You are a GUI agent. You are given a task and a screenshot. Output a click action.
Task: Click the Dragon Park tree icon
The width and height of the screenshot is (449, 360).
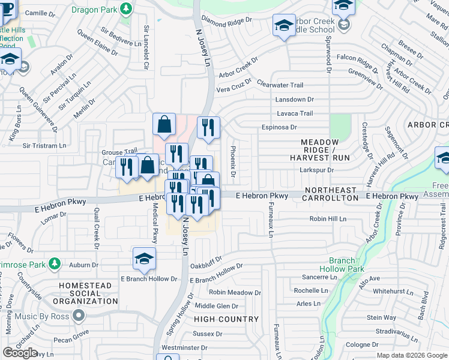click(125, 8)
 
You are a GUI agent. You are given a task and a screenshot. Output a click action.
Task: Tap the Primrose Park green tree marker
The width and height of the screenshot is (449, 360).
click(55, 263)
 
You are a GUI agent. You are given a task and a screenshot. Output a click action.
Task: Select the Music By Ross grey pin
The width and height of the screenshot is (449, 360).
click(79, 316)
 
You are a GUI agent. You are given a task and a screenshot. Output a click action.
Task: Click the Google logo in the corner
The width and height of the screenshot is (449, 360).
click(20, 353)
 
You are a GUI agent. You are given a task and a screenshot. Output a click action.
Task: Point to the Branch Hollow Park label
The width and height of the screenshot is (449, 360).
click(346, 265)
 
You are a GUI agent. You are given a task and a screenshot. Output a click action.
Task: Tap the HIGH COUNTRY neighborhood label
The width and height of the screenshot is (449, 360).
click(226, 319)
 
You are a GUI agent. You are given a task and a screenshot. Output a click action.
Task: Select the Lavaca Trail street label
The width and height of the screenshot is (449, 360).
click(294, 113)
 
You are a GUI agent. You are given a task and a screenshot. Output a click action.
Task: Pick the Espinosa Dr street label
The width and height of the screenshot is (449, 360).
click(279, 127)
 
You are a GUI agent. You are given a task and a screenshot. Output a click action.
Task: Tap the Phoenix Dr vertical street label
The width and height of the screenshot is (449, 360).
click(233, 163)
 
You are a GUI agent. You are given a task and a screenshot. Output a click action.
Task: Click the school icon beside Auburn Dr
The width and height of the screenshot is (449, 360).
click(144, 259)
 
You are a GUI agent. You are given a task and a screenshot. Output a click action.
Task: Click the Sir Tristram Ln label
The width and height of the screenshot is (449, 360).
click(44, 146)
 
